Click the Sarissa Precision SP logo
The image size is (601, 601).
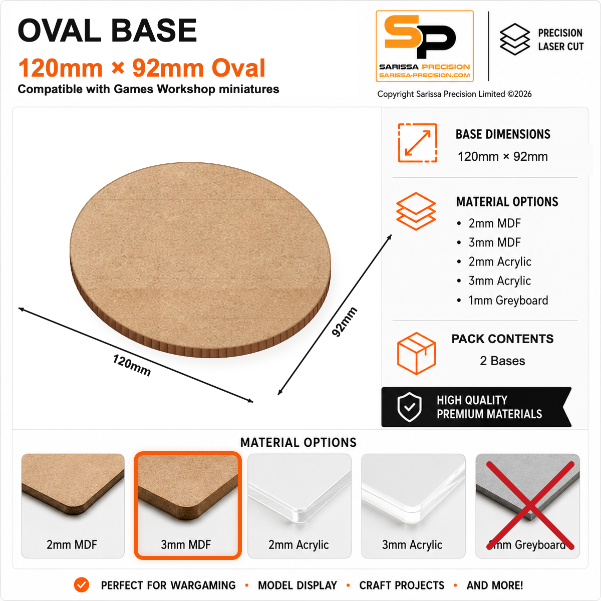425,46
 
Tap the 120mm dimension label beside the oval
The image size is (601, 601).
132,365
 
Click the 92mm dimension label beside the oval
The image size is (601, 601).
344,322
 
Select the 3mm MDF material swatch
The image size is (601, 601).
187,505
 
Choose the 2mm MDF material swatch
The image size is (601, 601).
73,505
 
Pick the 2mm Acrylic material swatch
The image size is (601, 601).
299,505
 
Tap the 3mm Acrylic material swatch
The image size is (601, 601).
413,505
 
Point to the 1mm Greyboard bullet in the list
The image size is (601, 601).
502,300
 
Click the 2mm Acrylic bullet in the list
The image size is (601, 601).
494,261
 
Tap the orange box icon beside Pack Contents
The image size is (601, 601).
416,353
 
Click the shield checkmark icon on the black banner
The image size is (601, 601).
410,407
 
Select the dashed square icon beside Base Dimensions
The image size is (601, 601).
417,143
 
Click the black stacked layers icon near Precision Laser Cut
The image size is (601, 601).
515,39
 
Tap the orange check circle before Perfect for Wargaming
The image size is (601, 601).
82,585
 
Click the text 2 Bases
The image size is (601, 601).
502,361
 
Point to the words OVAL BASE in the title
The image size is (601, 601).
107,30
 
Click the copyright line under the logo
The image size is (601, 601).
454,94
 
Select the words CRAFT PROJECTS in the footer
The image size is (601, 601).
402,585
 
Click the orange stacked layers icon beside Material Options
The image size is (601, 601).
416,211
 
